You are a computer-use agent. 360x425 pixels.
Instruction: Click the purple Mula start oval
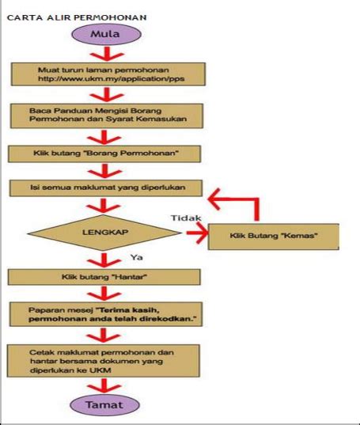point(105,35)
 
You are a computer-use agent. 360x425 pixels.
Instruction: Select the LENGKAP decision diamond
point(106,234)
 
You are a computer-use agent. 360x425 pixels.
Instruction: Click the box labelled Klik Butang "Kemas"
point(273,237)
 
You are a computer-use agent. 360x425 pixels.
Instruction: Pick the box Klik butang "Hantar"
point(105,278)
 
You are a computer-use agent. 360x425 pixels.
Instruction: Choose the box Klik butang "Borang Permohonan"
point(105,152)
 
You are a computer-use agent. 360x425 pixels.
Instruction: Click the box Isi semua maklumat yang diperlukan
point(105,188)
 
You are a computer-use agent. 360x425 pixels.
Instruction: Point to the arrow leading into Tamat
point(105,383)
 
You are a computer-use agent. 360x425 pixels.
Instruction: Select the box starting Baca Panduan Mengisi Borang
point(105,113)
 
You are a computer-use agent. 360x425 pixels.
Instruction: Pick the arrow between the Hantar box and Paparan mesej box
point(105,293)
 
